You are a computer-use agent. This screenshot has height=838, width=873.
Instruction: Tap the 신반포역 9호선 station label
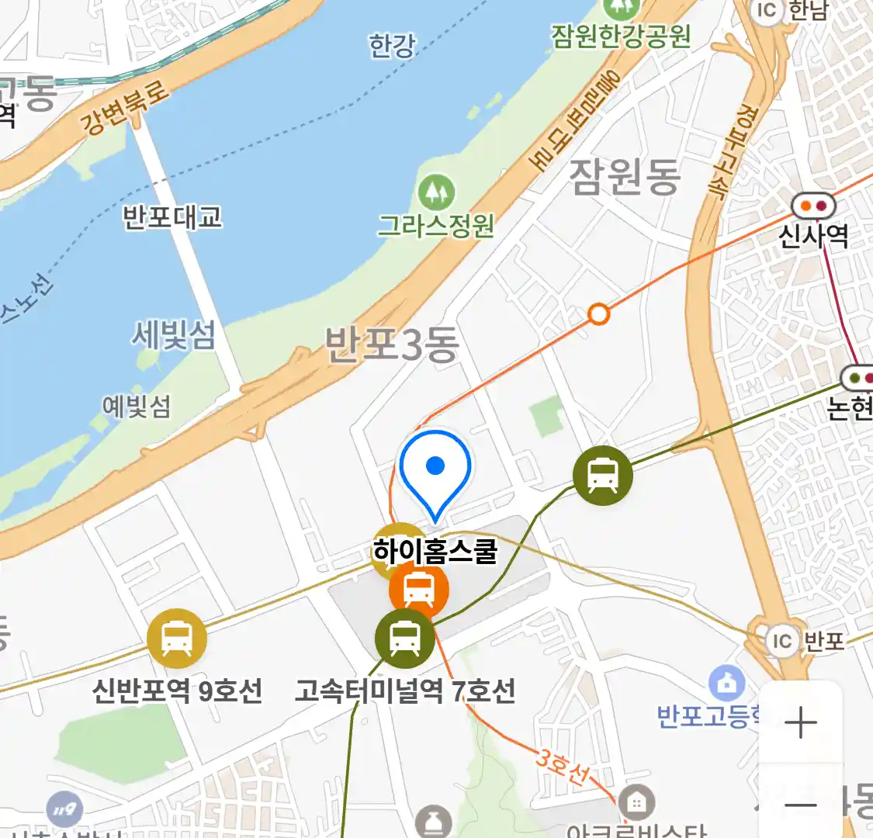tap(177, 690)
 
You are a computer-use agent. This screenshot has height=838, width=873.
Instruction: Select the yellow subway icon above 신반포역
tap(177, 639)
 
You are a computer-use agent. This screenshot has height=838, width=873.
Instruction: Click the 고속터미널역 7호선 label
tap(404, 690)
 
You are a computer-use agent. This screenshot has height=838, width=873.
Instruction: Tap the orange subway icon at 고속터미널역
tap(419, 589)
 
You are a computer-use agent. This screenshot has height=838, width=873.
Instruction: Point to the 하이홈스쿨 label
tap(435, 552)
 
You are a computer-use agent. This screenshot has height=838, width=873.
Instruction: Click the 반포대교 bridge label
tap(172, 217)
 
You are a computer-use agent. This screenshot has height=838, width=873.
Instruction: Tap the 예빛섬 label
tap(137, 406)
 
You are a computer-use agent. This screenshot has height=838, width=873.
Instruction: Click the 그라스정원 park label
tap(436, 226)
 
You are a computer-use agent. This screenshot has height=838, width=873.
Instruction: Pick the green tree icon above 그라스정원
tap(436, 191)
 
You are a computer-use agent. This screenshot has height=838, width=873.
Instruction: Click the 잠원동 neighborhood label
tap(625, 176)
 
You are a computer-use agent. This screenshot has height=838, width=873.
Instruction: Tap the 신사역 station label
tap(813, 235)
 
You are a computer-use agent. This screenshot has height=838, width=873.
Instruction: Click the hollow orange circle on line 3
tap(598, 314)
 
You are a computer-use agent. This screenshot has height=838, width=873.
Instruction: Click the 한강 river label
tap(392, 46)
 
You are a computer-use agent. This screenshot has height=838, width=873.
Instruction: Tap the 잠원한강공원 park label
tap(621, 36)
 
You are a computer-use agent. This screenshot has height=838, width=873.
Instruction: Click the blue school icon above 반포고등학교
tap(727, 684)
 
